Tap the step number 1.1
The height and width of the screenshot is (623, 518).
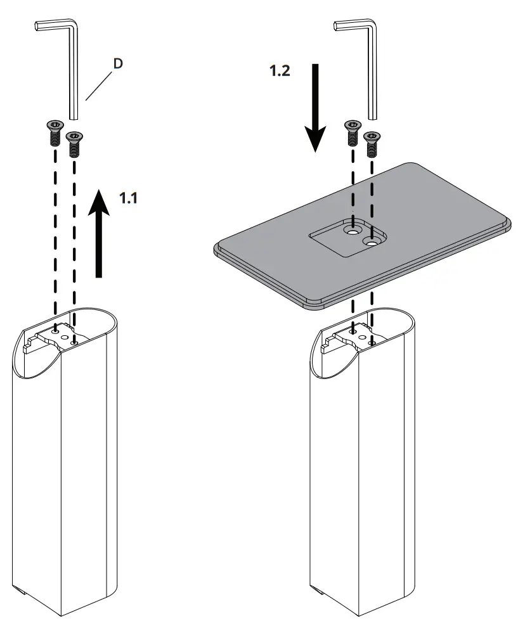tap(129, 198)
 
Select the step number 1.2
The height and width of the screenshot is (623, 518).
tap(280, 71)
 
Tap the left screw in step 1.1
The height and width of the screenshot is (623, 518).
tap(55, 132)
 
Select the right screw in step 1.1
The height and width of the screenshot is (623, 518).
tap(75, 144)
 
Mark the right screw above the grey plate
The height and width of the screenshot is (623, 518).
tap(372, 144)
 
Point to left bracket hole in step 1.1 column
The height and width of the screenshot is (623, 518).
tap(56, 330)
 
